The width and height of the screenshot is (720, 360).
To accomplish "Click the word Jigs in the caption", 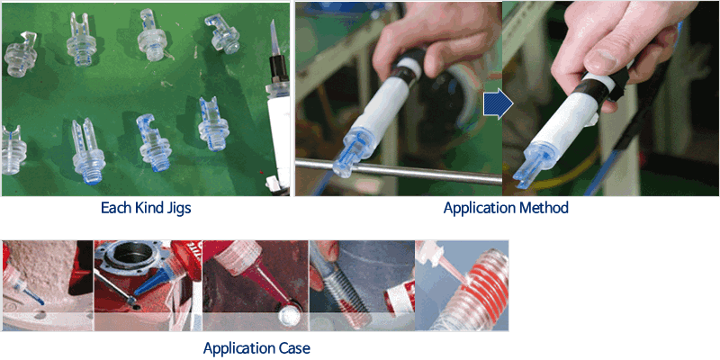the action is pyautogui.click(x=176, y=208).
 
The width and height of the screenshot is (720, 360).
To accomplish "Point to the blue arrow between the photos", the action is pyautogui.click(x=499, y=105).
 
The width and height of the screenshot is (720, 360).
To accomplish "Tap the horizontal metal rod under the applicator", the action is pyautogui.click(x=399, y=170).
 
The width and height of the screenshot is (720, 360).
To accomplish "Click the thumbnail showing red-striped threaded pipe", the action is pyautogui.click(x=462, y=285).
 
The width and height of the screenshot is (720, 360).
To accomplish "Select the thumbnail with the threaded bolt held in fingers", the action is pyautogui.click(x=362, y=285).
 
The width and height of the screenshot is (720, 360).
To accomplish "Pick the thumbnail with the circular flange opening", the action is pyautogui.click(x=148, y=285).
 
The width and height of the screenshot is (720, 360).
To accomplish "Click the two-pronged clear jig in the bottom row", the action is pyautogui.click(x=87, y=150).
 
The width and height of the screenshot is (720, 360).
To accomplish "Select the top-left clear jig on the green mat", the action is pyautogui.click(x=20, y=54).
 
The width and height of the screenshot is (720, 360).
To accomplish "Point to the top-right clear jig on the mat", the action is pyautogui.click(x=221, y=33).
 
